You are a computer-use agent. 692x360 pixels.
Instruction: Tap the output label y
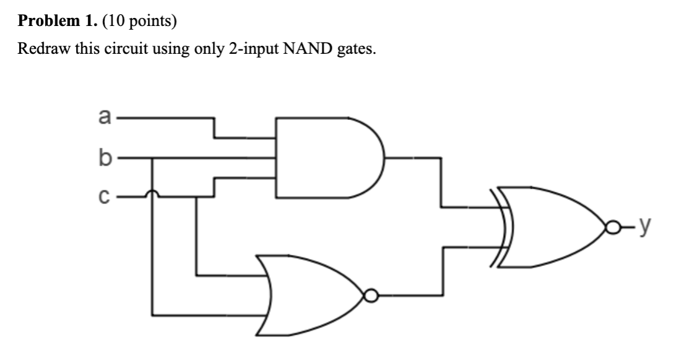point(644,228)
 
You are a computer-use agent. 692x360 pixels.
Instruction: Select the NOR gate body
point(309,295)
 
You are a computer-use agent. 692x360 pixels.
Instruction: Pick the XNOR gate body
point(551,227)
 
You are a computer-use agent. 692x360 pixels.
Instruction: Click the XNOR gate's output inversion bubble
point(612,228)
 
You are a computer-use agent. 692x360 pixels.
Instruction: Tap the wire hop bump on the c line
point(152,195)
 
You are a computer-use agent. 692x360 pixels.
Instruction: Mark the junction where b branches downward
point(152,158)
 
